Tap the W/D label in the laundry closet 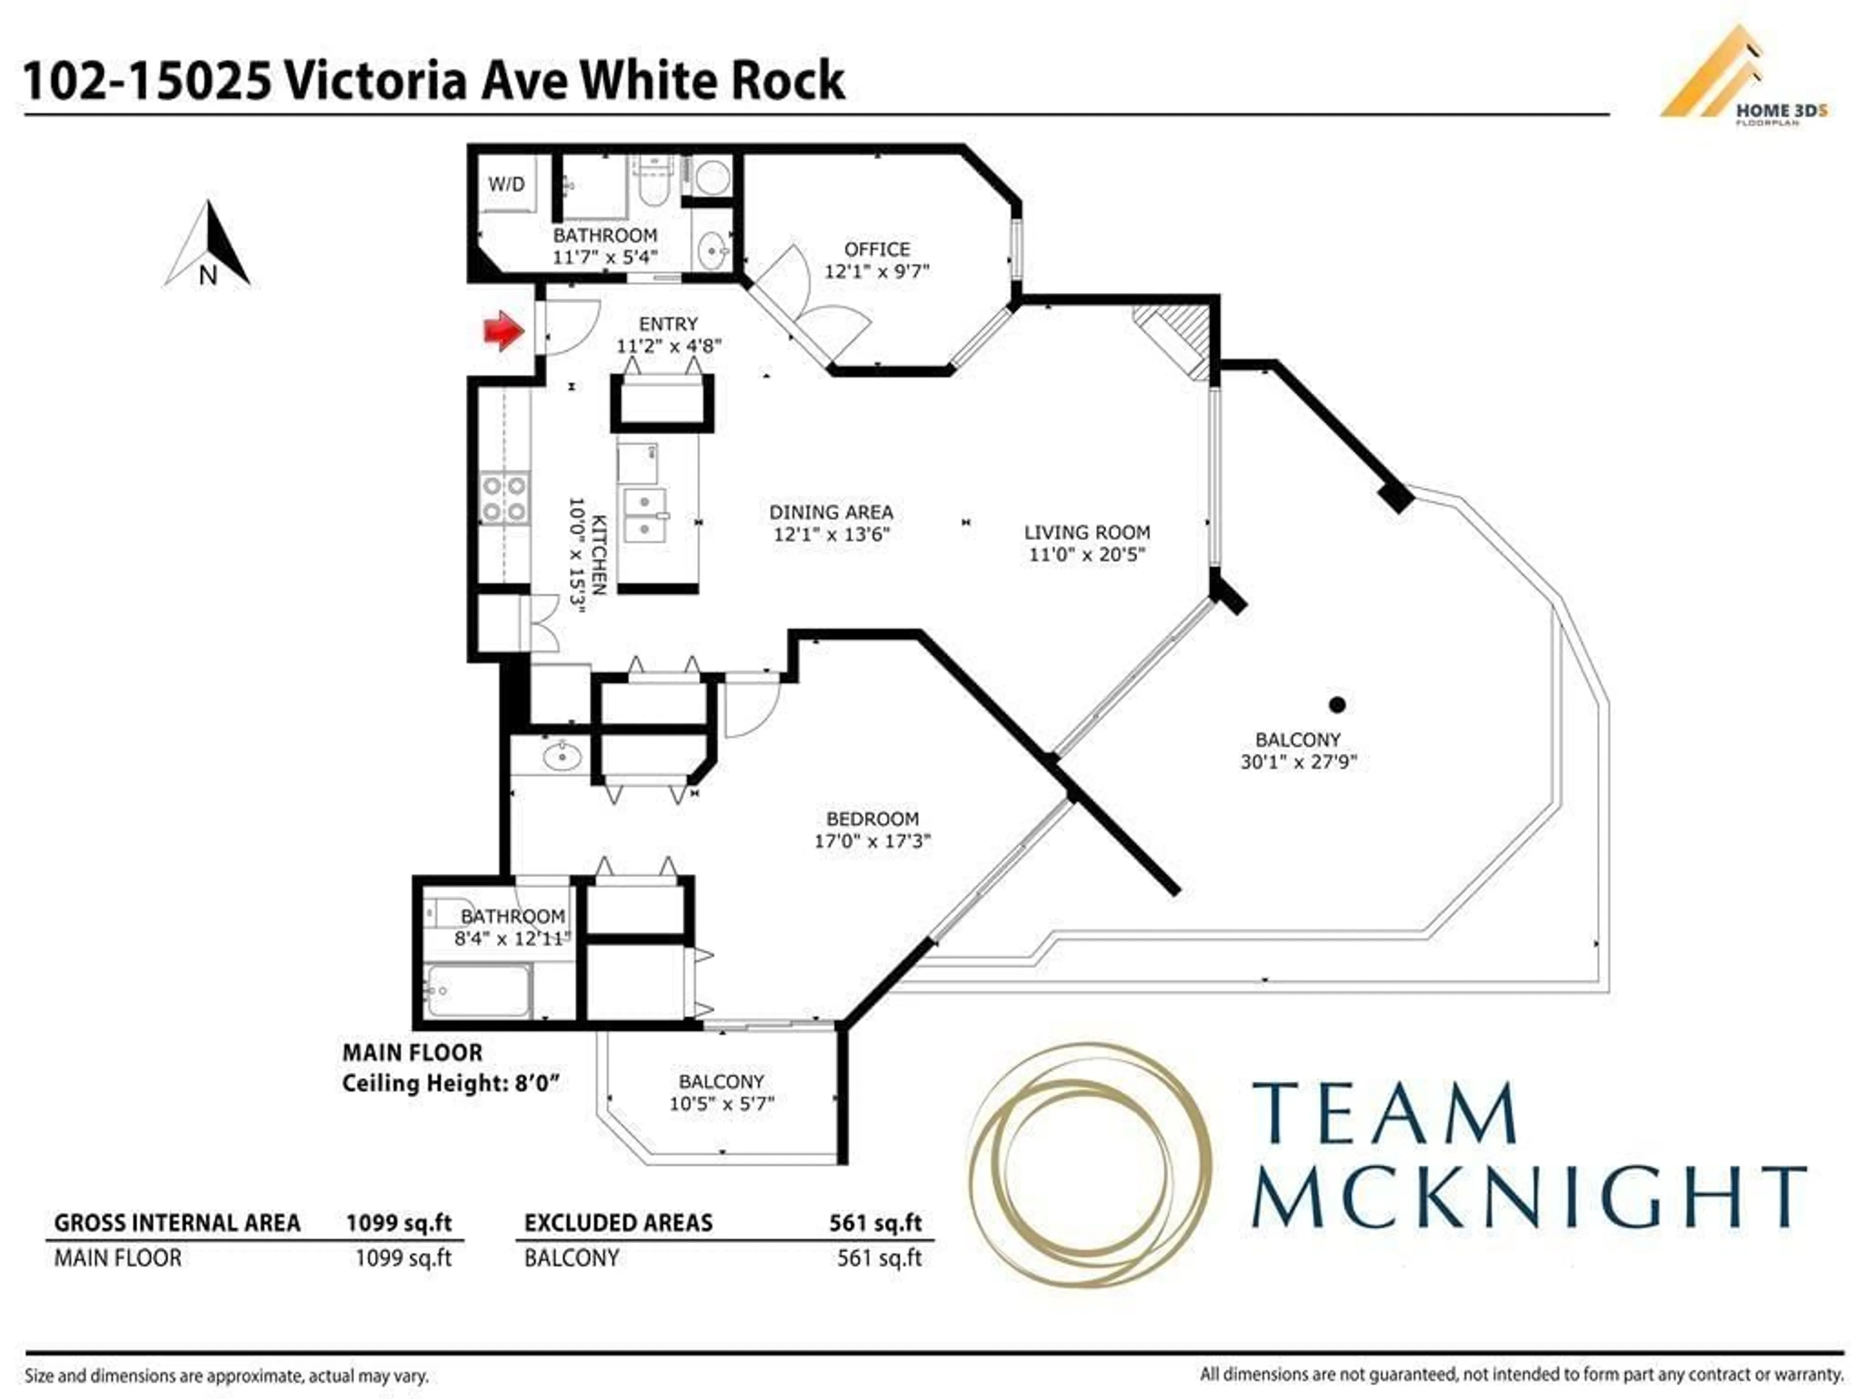point(506,184)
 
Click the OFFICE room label point(877,250)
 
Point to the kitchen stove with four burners point(504,498)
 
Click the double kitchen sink point(644,515)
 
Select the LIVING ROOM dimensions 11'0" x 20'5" point(1087,554)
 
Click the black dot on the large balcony point(1337,704)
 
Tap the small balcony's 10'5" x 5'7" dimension point(722,1104)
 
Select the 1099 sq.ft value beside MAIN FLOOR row point(403,1258)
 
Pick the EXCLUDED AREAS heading point(618,1223)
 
